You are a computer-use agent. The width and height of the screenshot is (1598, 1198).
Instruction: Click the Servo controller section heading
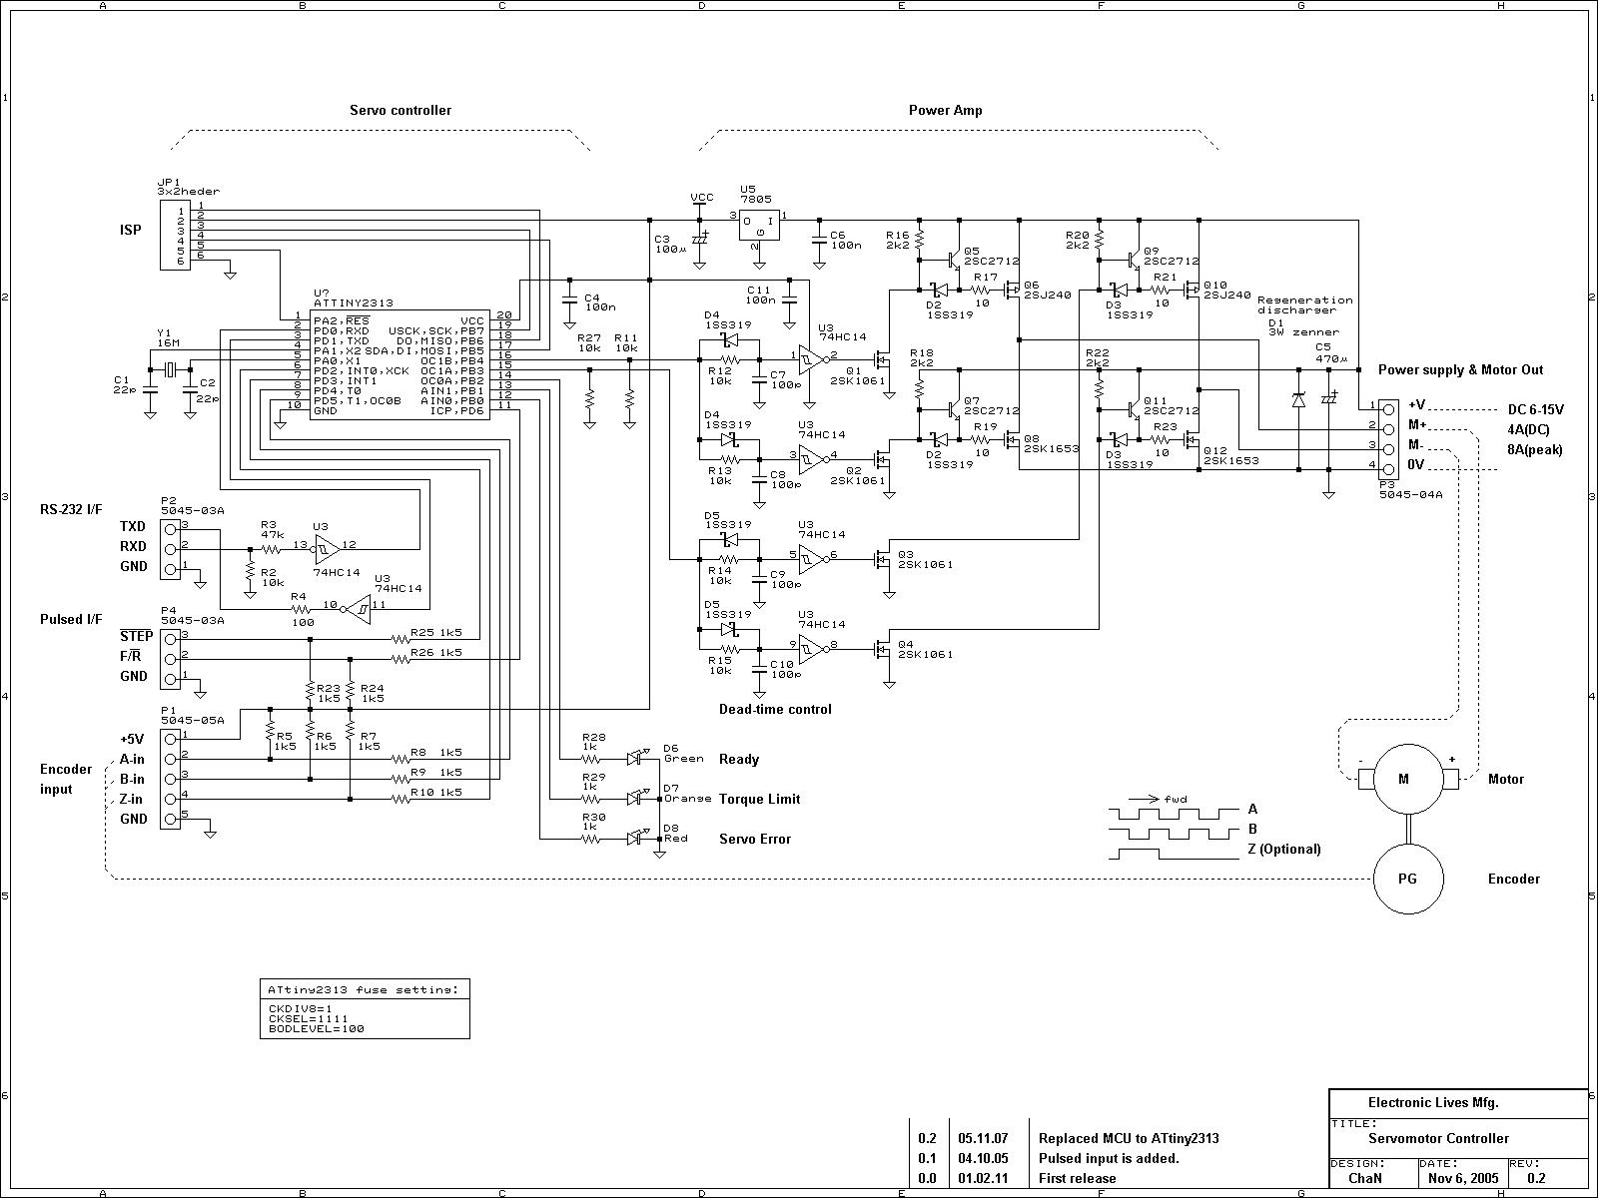[399, 111]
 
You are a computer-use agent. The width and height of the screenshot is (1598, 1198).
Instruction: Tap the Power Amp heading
[944, 111]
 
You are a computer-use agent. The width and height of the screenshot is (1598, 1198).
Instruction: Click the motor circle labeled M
[1403, 779]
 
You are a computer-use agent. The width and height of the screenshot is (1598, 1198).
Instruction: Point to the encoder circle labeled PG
[1407, 879]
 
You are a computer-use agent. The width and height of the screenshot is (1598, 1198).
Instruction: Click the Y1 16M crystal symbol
[170, 370]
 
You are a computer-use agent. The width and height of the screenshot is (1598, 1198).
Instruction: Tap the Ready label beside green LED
[738, 760]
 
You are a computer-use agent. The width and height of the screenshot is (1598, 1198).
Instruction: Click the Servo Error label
[754, 840]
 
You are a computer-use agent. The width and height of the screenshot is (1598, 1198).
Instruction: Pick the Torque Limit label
[759, 800]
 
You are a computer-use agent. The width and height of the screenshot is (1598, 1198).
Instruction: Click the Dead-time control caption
[775, 710]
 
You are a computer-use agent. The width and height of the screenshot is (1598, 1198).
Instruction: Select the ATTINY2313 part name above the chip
[353, 302]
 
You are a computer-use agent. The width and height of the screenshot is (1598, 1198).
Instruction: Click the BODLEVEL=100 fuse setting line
[316, 1028]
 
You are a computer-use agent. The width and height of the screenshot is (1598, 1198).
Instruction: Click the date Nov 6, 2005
[1463, 1178]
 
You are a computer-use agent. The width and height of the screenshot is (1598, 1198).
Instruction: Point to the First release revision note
[1077, 1178]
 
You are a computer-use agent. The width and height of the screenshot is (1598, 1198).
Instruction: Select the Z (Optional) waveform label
[1283, 850]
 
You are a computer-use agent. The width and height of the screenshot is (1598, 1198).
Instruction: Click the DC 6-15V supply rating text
[1535, 410]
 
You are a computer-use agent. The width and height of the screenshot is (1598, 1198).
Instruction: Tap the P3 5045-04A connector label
[1410, 492]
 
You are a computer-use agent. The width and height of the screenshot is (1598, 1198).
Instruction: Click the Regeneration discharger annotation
[1304, 304]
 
